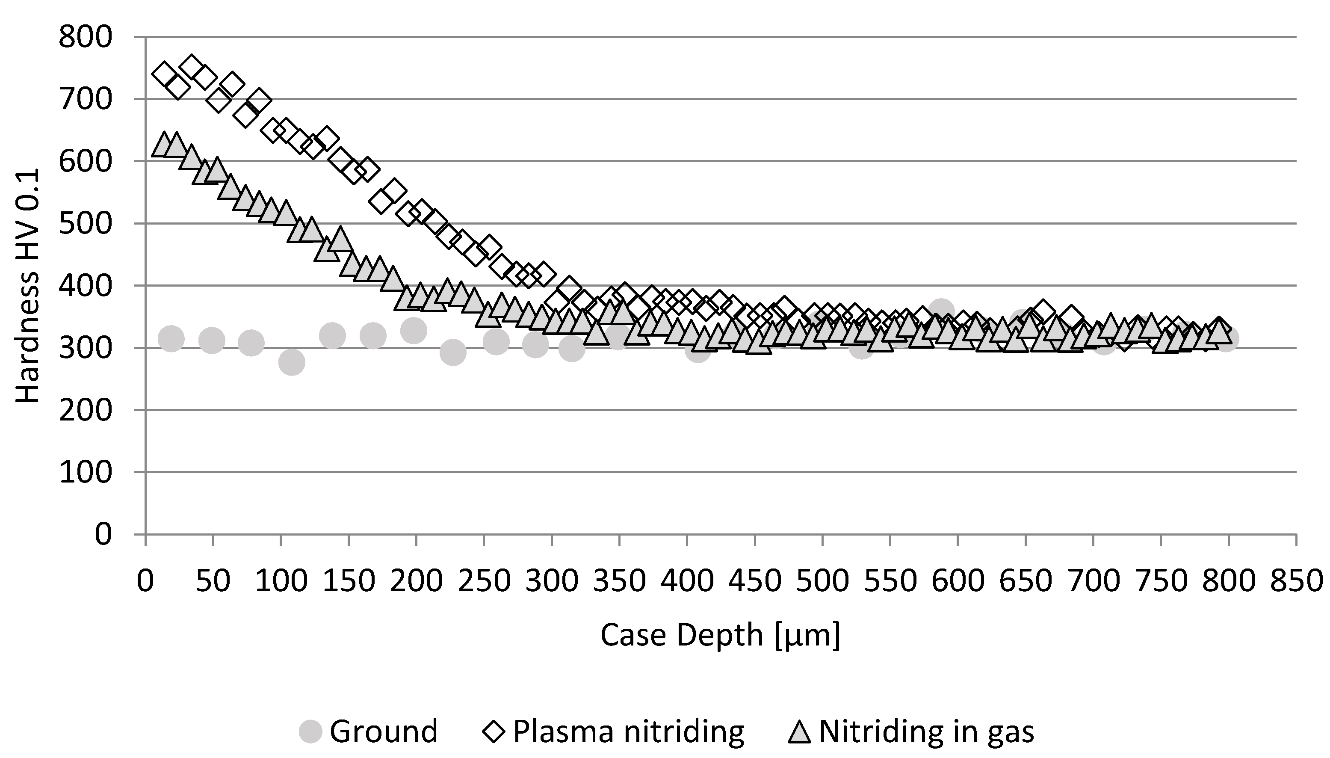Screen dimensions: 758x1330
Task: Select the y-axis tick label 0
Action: point(103,535)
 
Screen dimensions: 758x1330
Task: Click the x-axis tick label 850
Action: point(1296,580)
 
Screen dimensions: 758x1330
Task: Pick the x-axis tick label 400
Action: point(687,580)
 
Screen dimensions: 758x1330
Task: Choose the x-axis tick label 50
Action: point(213,580)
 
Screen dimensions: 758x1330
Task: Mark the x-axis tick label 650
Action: point(1025,580)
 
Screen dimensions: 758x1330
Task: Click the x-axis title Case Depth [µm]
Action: point(720,635)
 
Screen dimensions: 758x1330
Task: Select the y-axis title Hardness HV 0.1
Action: point(27,286)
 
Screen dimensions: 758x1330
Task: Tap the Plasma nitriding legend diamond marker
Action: point(494,731)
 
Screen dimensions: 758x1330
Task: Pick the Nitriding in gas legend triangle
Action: point(799,731)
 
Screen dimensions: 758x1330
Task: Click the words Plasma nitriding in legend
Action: point(628,731)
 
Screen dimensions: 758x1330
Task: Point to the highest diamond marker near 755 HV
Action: point(191,66)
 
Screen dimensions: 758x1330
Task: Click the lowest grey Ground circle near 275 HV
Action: point(291,362)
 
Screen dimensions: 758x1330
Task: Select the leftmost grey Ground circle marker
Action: point(171,338)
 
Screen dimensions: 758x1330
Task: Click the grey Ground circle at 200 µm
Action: point(414,330)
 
